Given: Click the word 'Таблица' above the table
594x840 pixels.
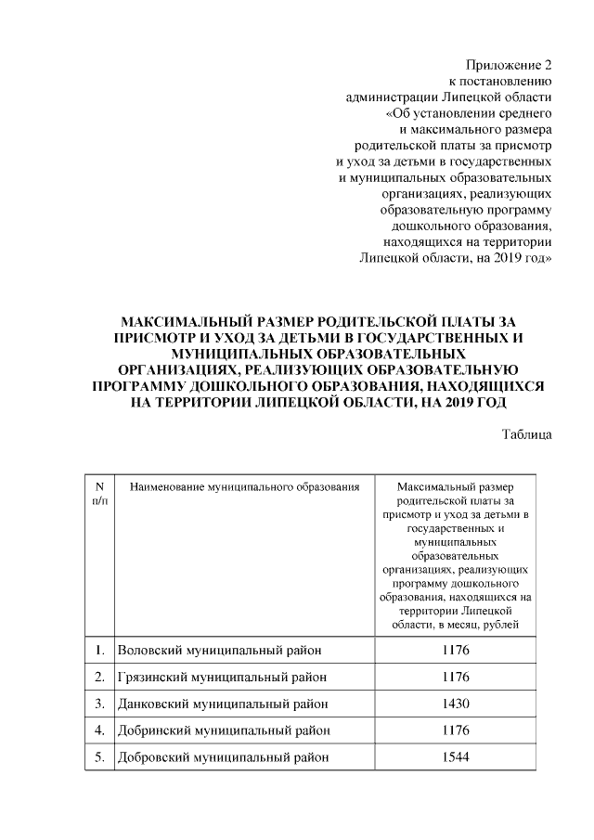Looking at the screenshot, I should click(527, 433).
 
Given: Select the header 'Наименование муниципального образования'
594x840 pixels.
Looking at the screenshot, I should click(244, 486).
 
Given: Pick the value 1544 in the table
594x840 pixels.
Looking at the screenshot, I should click(455, 756).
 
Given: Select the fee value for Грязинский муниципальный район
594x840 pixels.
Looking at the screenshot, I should click(455, 677).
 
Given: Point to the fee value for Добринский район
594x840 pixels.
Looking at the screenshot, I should click(455, 730).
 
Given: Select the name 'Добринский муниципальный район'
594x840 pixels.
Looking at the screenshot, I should click(225, 730).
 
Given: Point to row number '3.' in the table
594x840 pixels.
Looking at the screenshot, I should click(98, 704).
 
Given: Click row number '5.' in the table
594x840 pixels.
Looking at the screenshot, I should click(98, 756).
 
